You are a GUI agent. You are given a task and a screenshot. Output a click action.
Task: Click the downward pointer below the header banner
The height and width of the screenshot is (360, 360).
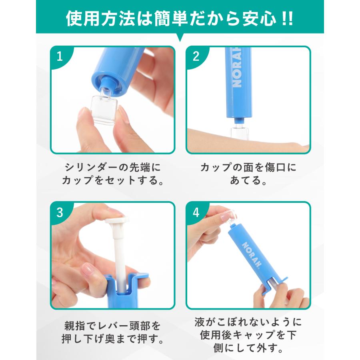(180, 37)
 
